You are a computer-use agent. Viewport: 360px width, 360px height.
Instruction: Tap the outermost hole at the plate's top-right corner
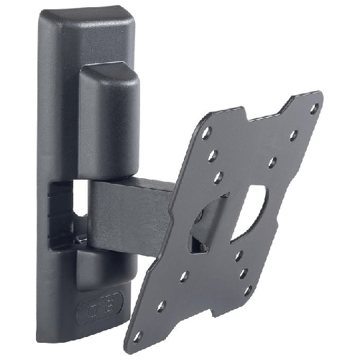pos(313,109)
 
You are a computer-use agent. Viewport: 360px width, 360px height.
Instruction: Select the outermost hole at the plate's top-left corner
pos(206,133)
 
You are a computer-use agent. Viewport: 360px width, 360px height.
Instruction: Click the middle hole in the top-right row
pos(293,134)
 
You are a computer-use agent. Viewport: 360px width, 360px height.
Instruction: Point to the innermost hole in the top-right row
pos(272,162)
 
